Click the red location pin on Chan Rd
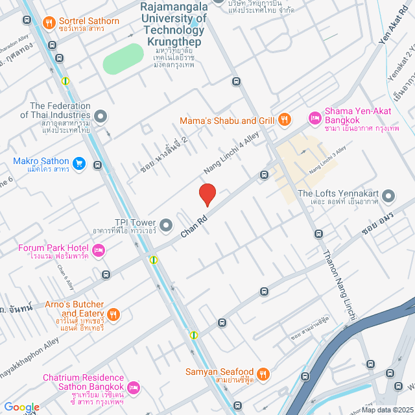pyautogui.click(x=207, y=194)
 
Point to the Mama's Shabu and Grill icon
pyautogui.click(x=284, y=119)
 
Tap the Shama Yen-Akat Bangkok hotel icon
pyautogui.click(x=314, y=117)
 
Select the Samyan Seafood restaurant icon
pyautogui.click(x=263, y=373)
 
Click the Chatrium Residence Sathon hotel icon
pyautogui.click(x=134, y=388)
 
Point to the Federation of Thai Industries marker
pyautogui.click(x=101, y=117)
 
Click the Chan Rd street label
pyautogui.click(x=194, y=225)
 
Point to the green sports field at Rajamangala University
pyautogui.click(x=123, y=59)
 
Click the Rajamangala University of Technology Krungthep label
pyautogui.click(x=173, y=23)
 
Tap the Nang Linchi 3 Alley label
pyautogui.click(x=328, y=160)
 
